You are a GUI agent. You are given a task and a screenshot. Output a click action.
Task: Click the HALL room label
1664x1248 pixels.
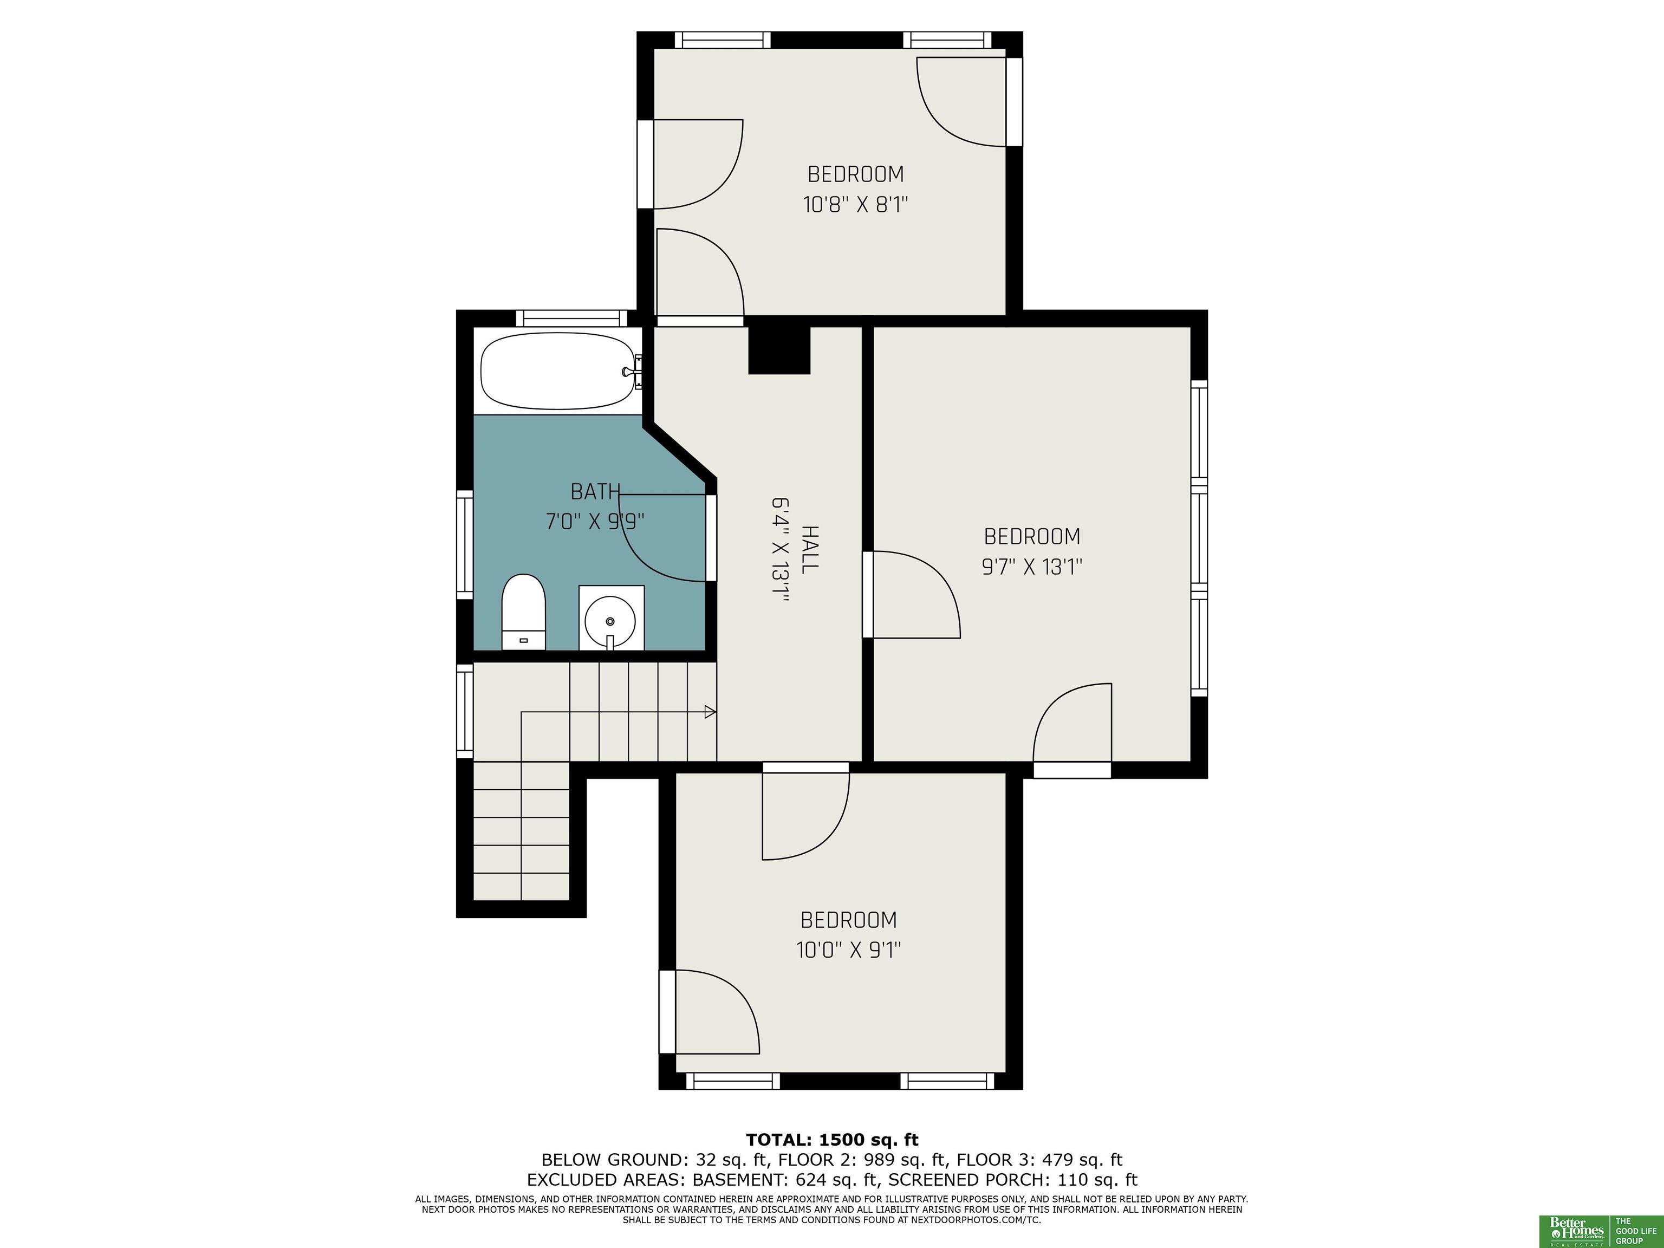click(x=809, y=550)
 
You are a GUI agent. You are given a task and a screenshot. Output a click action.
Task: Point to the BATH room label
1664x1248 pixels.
click(x=595, y=491)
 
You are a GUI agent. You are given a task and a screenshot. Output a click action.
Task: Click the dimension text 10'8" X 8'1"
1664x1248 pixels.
click(x=856, y=205)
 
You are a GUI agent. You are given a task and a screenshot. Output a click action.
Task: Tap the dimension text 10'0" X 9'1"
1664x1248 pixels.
click(x=849, y=950)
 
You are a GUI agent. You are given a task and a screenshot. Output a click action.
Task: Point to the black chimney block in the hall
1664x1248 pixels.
click(x=779, y=350)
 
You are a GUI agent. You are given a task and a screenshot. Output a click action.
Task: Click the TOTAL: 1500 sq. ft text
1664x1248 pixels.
click(x=832, y=1140)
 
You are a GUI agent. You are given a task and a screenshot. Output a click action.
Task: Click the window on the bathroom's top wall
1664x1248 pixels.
click(x=575, y=317)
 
